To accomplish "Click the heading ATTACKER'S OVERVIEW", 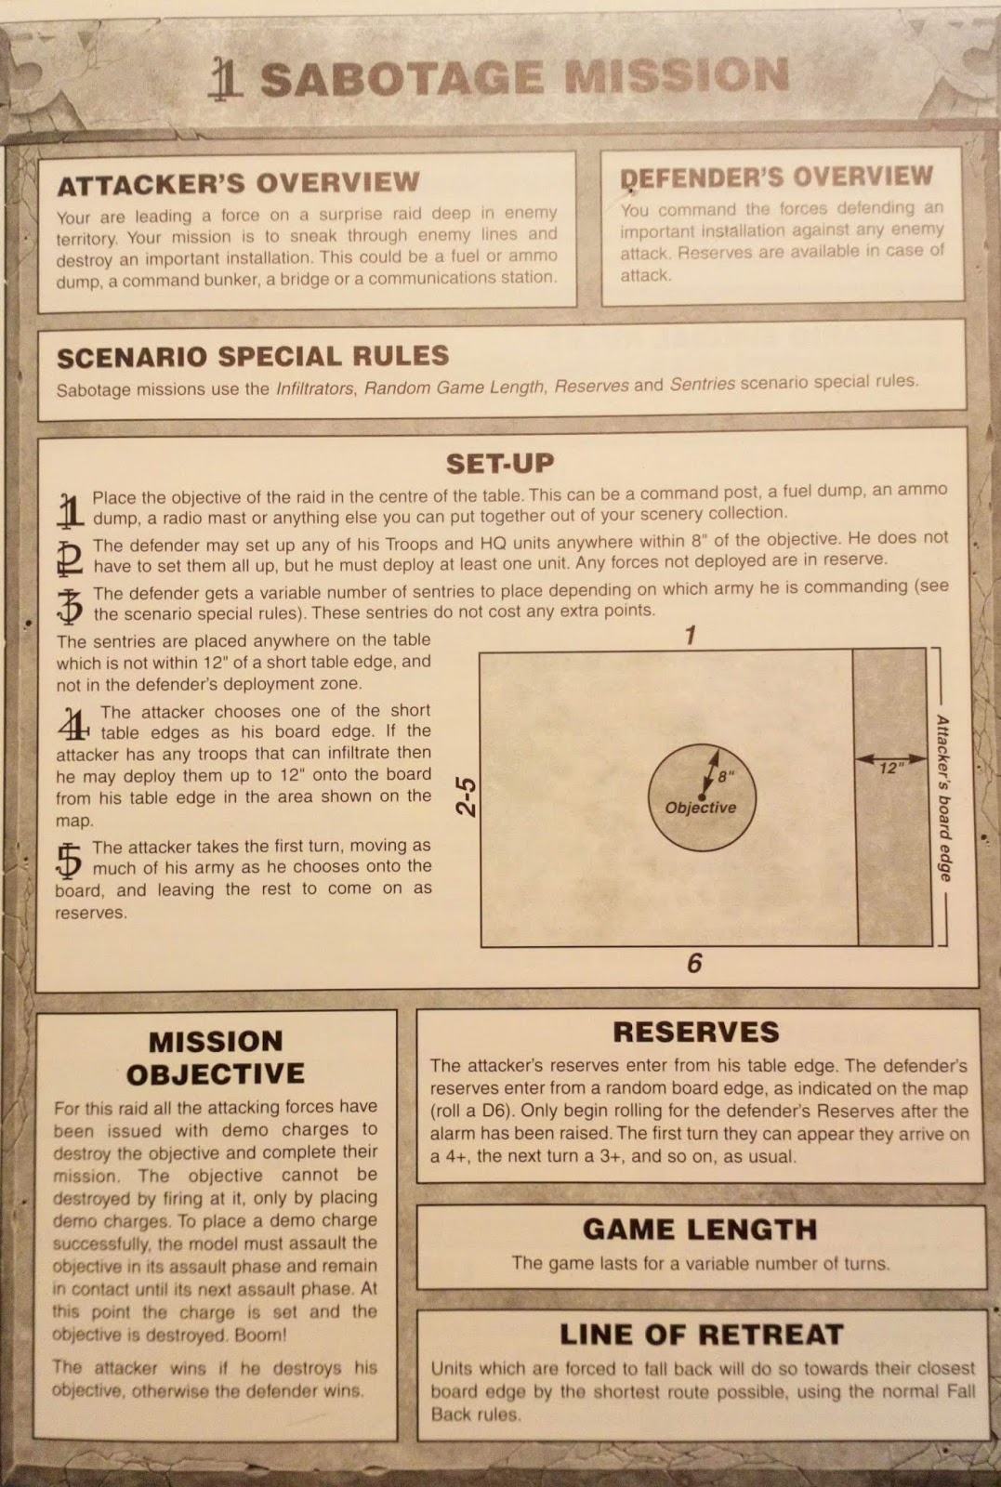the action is point(238,183).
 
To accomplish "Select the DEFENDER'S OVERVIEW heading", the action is point(776,177).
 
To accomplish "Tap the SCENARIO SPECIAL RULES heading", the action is point(252,357).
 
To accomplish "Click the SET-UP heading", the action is point(500,463).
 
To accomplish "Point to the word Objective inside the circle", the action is point(700,808).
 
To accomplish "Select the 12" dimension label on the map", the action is point(891,768).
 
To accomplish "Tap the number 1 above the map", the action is point(690,636).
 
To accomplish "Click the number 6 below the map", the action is point(694,963).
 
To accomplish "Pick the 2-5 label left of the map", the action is point(467,796).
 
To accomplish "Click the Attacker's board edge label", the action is point(943,797).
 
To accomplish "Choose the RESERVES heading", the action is point(695,1032).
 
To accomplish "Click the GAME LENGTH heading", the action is point(699,1230).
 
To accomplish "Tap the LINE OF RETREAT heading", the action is point(701,1335).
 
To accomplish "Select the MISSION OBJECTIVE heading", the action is point(216,1058).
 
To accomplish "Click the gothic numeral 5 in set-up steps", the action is point(70,860).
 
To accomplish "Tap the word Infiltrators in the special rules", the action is point(314,388).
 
